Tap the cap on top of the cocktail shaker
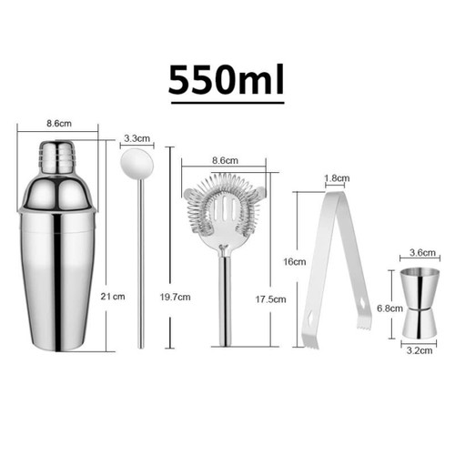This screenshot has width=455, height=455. pyautogui.click(x=57, y=157)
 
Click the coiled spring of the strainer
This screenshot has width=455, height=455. pyautogui.click(x=223, y=207)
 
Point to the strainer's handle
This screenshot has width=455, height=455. pyautogui.click(x=224, y=300)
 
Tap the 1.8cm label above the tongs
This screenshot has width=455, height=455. pyautogui.click(x=336, y=179)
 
